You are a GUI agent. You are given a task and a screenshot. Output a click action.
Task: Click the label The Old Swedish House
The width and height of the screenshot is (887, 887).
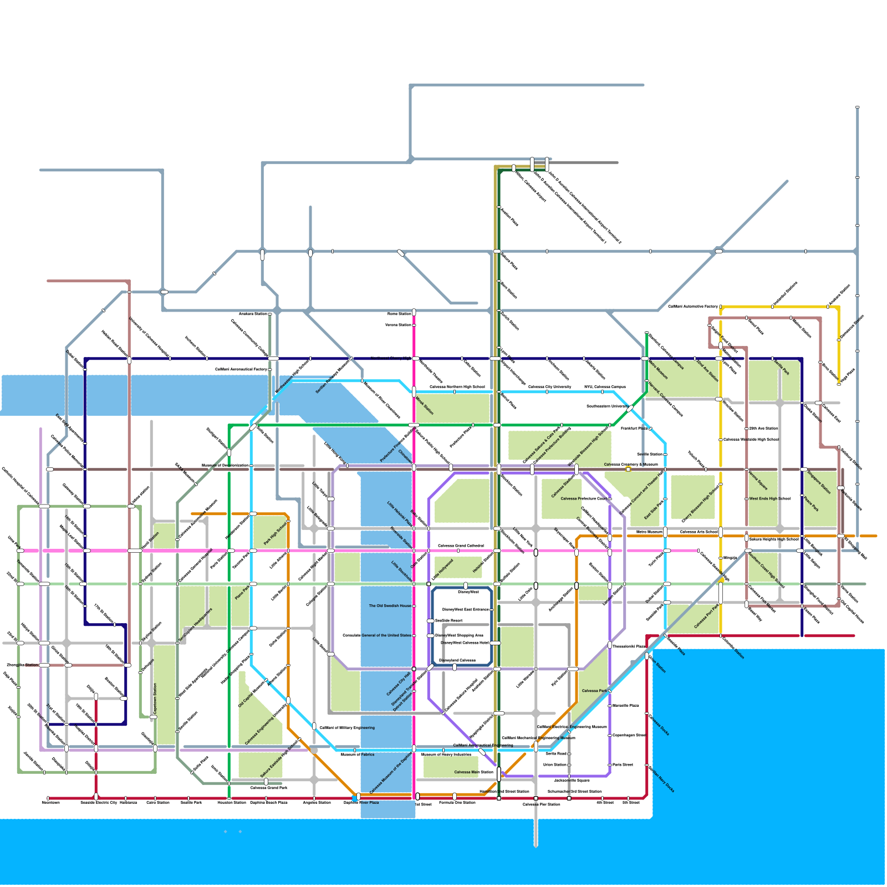[x=390, y=606]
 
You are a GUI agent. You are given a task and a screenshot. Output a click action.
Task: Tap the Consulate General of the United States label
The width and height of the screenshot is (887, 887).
[x=377, y=635]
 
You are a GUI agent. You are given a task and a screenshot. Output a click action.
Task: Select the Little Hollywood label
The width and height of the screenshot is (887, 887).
[x=442, y=570]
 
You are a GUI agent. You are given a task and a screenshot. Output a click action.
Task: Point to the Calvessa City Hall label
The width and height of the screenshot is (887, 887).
[x=398, y=684]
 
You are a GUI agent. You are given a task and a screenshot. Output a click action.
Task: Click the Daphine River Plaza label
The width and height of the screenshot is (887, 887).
[x=361, y=803]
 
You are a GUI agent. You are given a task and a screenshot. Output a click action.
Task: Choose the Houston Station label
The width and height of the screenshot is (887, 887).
[x=232, y=803]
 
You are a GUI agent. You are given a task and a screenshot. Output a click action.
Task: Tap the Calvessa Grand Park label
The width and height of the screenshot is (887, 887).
[x=269, y=788]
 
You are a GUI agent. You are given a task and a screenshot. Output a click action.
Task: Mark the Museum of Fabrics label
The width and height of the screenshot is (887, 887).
[x=358, y=755]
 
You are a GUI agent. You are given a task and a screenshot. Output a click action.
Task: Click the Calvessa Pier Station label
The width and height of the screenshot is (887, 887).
[x=541, y=804]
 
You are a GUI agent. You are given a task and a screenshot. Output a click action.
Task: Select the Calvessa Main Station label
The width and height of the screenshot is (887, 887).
[x=473, y=772]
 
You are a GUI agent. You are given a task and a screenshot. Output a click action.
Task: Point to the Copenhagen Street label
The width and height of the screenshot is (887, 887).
[x=629, y=735]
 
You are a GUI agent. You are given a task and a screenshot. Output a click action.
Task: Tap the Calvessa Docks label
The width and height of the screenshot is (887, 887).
[x=659, y=725]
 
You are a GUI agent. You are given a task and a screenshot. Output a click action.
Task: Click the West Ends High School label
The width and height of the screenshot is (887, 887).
[x=769, y=499]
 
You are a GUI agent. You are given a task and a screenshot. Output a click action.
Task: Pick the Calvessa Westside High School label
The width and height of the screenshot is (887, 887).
[x=751, y=440]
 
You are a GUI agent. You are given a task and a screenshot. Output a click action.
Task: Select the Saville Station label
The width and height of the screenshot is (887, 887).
[x=650, y=455]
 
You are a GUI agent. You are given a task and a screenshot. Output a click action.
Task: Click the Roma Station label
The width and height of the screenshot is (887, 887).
[x=399, y=314]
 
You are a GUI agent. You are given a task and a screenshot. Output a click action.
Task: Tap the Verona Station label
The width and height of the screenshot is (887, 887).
[x=398, y=325]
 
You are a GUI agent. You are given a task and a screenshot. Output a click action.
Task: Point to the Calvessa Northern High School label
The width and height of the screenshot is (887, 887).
[x=457, y=387]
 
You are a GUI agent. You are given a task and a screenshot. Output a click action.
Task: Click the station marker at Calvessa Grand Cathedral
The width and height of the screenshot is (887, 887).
[x=458, y=550]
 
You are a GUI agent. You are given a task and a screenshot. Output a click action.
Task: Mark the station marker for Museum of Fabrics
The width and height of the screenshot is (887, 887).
[x=355, y=750]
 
